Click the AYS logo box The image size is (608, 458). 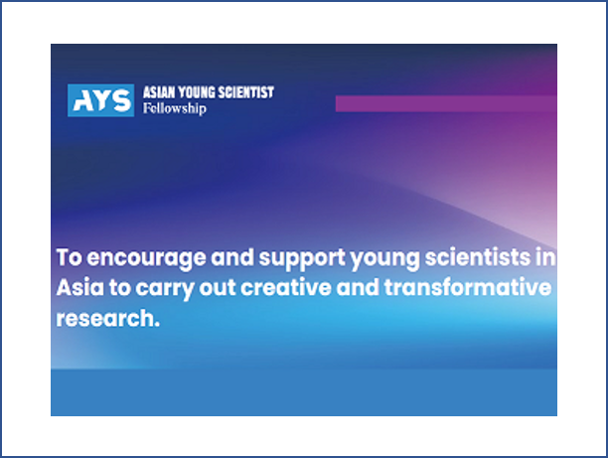point(100,100)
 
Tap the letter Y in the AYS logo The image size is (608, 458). point(100,100)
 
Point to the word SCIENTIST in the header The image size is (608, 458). point(246,92)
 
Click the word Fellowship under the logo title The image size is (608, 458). point(175,108)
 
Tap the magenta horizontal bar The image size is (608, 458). point(446,103)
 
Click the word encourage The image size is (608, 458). point(146,258)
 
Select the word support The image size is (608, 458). point(302,258)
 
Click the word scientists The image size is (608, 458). point(478,257)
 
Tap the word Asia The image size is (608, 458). point(80,288)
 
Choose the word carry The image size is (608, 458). point(165,289)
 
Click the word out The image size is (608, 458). point(218,288)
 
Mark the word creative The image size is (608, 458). point(286,288)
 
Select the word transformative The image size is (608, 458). point(468,287)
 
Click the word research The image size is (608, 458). point(108,318)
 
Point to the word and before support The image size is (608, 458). point(232,257)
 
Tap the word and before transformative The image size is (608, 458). point(358,287)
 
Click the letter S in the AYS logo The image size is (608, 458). point(121,100)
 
